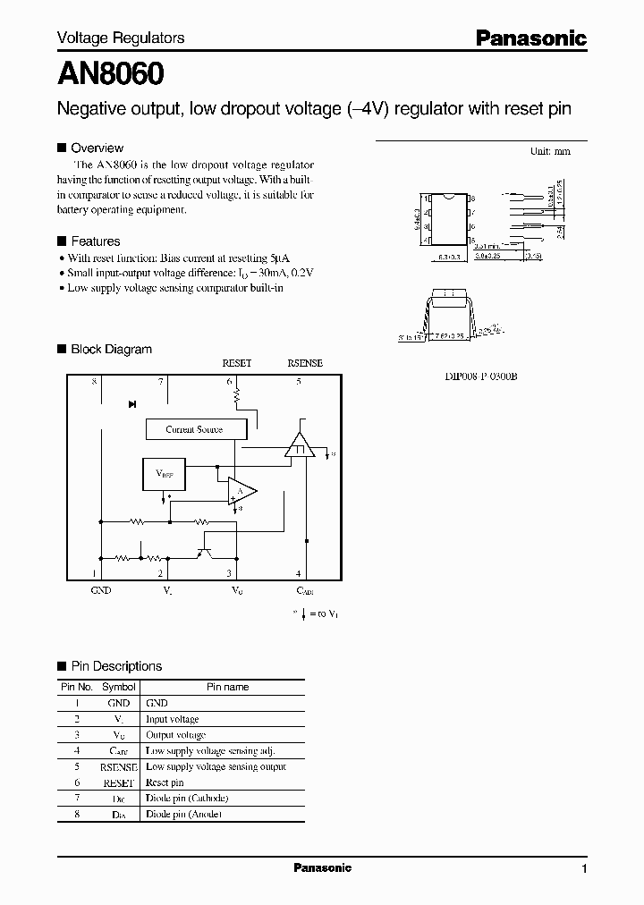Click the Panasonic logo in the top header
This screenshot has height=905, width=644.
[530, 38]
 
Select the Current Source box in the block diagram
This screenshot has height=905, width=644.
[196, 429]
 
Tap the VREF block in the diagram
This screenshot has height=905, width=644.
[165, 475]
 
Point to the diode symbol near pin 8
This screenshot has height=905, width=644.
[131, 404]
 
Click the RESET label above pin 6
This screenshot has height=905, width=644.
[236, 363]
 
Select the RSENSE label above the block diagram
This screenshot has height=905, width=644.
[304, 363]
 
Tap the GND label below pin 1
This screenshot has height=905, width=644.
[101, 591]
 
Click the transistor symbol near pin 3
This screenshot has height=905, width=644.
[207, 548]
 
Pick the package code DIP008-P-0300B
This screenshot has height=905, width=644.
[481, 376]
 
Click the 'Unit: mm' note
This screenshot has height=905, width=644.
[550, 152]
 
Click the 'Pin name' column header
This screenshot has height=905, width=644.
[227, 687]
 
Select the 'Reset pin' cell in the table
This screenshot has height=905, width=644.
[165, 782]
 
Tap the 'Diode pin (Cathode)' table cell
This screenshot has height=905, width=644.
[187, 799]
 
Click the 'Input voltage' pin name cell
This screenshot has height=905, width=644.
[172, 719]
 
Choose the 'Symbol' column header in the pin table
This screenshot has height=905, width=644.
[119, 687]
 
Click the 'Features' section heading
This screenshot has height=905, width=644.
[95, 241]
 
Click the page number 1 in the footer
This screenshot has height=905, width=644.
[584, 869]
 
